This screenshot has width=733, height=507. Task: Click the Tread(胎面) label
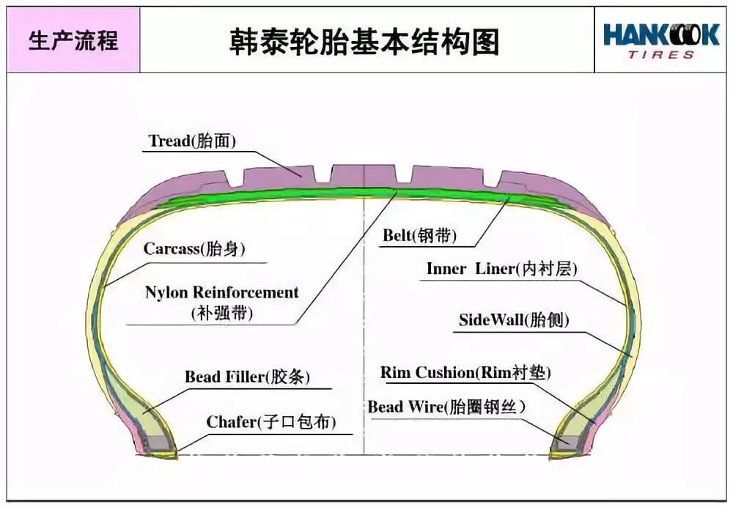tap(192, 141)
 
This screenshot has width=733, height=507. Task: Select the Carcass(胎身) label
tap(194, 248)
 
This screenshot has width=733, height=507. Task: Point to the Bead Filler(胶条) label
tap(247, 377)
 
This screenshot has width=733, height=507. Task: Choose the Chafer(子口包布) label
tap(271, 422)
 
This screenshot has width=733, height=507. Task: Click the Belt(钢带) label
tap(419, 235)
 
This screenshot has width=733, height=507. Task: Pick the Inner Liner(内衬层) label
tap(501, 269)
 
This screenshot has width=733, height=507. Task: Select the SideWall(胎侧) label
tap(514, 320)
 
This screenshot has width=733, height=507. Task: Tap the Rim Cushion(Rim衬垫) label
tap(465, 372)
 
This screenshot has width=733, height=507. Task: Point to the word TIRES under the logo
tap(660, 55)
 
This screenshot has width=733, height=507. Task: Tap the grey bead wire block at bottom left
tap(156, 443)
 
